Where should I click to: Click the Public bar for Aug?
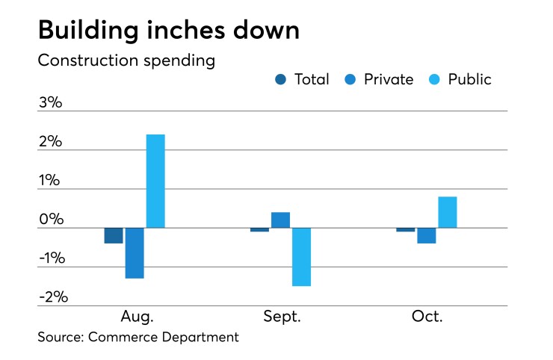tap(155, 181)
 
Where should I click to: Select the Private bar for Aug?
tap(135, 252)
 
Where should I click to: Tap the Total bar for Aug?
tap(114, 235)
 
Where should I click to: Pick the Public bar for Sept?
tap(301, 257)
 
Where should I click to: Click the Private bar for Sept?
tap(280, 220)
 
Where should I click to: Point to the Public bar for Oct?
tap(448, 212)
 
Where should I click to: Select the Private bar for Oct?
tap(427, 235)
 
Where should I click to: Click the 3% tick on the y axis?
tap(50, 103)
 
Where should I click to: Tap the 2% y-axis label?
tap(50, 142)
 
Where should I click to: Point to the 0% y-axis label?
tap(50, 220)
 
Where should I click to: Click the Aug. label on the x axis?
tap(137, 316)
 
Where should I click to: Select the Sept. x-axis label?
tap(282, 316)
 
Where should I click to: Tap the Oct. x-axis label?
tap(427, 316)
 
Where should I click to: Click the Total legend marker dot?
tap(280, 79)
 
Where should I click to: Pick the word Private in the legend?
tap(388, 79)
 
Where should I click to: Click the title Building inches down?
tap(168, 31)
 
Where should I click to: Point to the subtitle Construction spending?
tap(126, 60)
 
